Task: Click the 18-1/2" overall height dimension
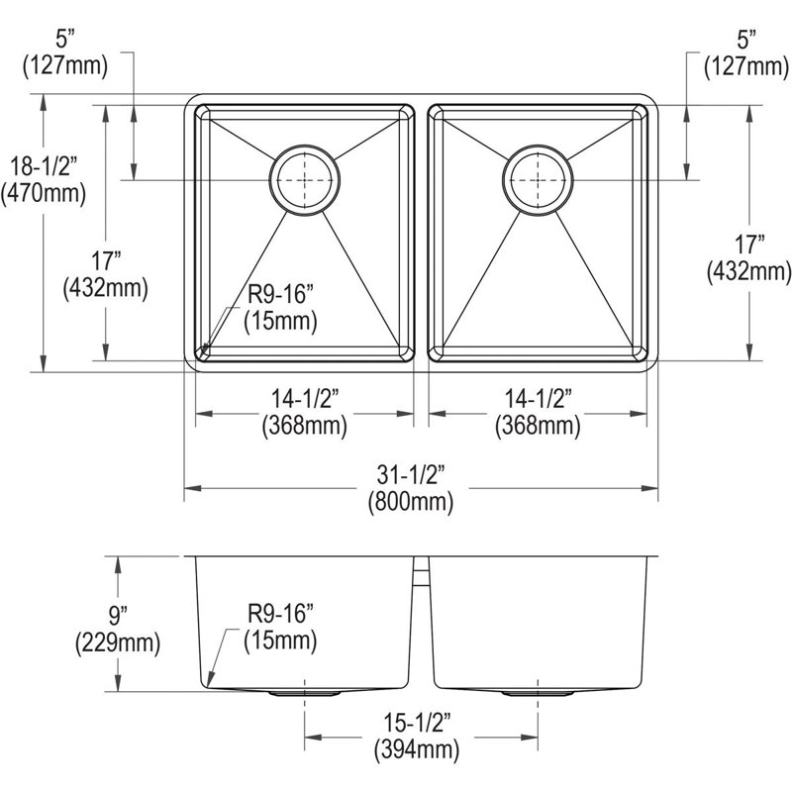(x=45, y=166)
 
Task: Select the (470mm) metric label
(x=44, y=193)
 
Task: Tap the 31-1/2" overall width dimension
(x=411, y=475)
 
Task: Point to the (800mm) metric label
(x=411, y=502)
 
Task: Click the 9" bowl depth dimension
(x=118, y=616)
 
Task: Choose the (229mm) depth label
(x=118, y=643)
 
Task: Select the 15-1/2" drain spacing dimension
(x=417, y=723)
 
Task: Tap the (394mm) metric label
(x=417, y=750)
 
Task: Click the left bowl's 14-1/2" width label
(x=305, y=399)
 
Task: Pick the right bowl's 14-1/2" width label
(x=538, y=399)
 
